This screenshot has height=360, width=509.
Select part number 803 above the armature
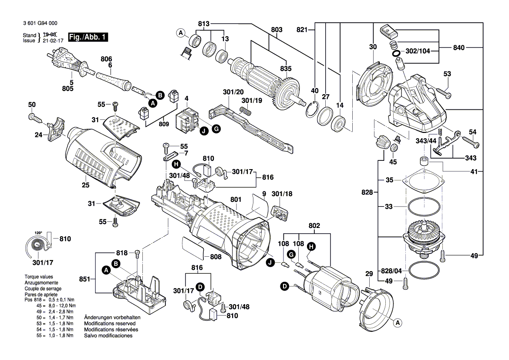click(x=276, y=30)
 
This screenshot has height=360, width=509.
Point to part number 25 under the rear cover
click(x=85, y=185)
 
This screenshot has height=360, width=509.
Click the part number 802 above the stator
click(x=314, y=226)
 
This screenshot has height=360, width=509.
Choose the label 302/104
click(x=418, y=51)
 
